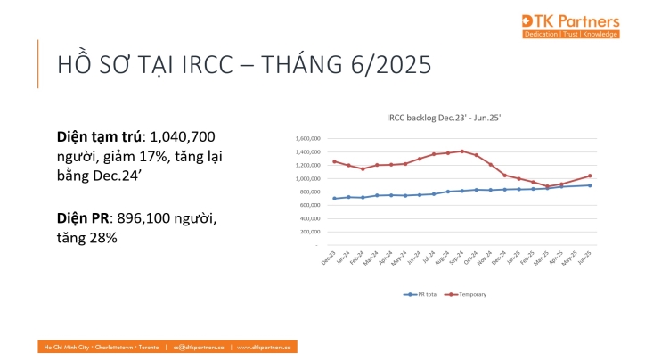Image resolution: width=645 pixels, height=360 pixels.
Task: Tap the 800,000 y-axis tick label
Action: tap(308, 192)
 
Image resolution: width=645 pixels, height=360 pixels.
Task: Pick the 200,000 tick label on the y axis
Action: tap(308, 232)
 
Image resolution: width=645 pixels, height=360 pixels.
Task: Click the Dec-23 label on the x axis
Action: tap(331, 258)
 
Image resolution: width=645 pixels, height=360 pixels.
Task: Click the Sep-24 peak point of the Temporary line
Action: tap(462, 151)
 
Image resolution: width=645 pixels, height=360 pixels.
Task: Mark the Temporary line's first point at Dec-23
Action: tap(334, 161)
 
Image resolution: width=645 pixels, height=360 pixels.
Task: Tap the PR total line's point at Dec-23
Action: tap(334, 199)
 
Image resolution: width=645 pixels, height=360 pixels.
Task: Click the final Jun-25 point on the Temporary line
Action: tap(590, 176)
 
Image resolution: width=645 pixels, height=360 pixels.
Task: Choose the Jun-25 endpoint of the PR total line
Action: tap(590, 185)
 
